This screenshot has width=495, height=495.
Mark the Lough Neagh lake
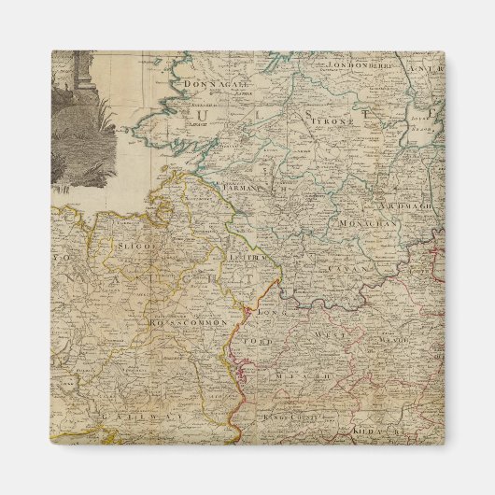coord(422,121)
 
